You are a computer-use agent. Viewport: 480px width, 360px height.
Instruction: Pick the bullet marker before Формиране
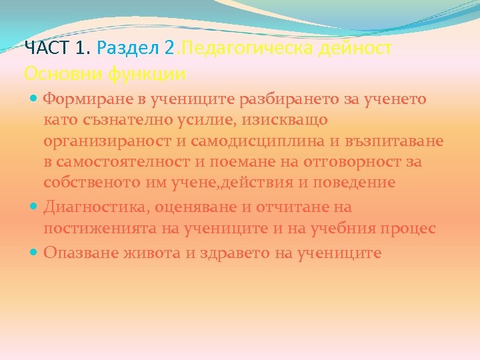coord(34,99)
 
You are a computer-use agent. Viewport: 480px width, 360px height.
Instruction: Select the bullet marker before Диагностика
coord(34,207)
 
